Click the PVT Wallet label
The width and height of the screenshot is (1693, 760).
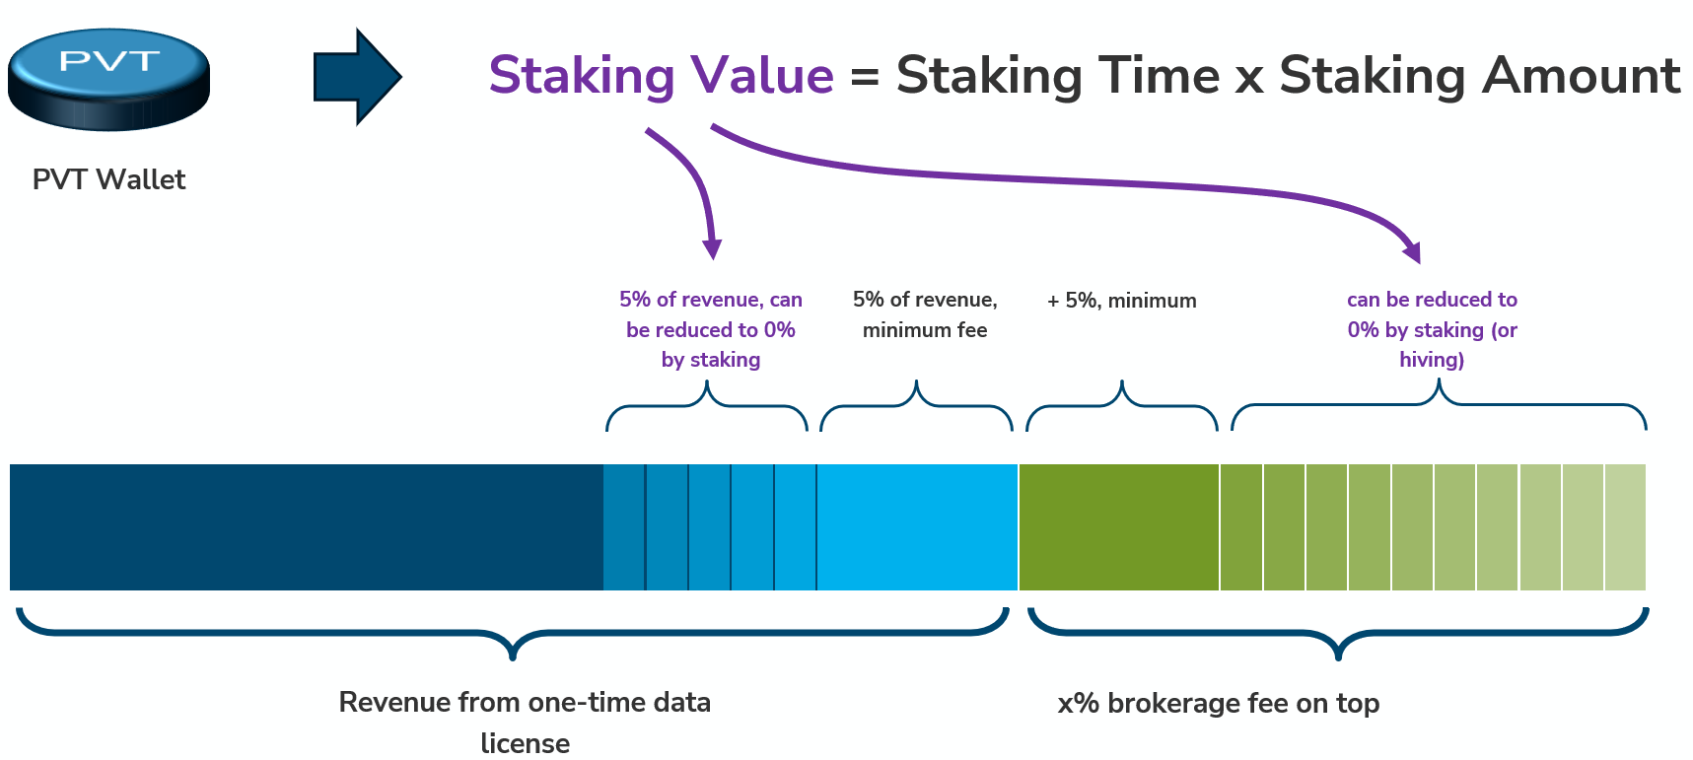click(x=108, y=179)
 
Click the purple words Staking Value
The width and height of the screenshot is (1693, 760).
click(x=661, y=76)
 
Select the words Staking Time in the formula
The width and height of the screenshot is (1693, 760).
click(x=1058, y=76)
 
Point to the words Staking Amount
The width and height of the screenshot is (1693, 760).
click(x=1479, y=76)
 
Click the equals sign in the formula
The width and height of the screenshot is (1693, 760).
click(x=864, y=77)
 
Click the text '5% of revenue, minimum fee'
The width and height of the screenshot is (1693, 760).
click(x=925, y=314)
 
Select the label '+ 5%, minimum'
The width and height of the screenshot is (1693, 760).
click(x=1121, y=301)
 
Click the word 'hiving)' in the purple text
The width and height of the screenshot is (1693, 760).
click(x=1432, y=360)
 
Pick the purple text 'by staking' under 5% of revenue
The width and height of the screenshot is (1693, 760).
click(x=711, y=360)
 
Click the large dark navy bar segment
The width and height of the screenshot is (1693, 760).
click(x=306, y=527)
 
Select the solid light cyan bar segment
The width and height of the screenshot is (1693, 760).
click(x=917, y=527)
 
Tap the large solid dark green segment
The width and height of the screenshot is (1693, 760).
click(x=1119, y=527)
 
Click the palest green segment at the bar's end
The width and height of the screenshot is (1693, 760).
click(x=1625, y=527)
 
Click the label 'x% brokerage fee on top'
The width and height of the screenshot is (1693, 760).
click(x=1218, y=703)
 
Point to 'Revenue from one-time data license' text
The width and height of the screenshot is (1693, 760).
click(x=525, y=722)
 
